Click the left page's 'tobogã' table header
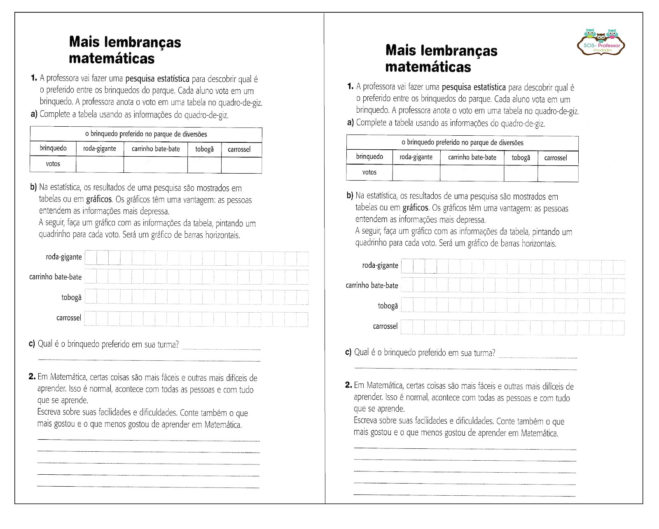click(x=204, y=149)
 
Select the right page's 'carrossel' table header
click(x=555, y=158)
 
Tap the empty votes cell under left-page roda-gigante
click(x=100, y=164)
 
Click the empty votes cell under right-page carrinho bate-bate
click(x=472, y=173)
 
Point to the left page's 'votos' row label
click(x=53, y=164)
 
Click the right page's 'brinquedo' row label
click(x=369, y=157)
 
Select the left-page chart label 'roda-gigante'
click(x=64, y=257)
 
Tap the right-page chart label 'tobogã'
click(x=388, y=306)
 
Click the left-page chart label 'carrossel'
click(x=69, y=318)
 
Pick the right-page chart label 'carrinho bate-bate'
click(x=372, y=285)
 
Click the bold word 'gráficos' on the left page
click(x=99, y=200)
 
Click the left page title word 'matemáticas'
click(x=112, y=58)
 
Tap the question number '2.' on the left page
click(x=33, y=377)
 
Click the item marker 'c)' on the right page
click(x=348, y=353)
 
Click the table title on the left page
click(x=146, y=134)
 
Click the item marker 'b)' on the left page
click(x=33, y=187)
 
